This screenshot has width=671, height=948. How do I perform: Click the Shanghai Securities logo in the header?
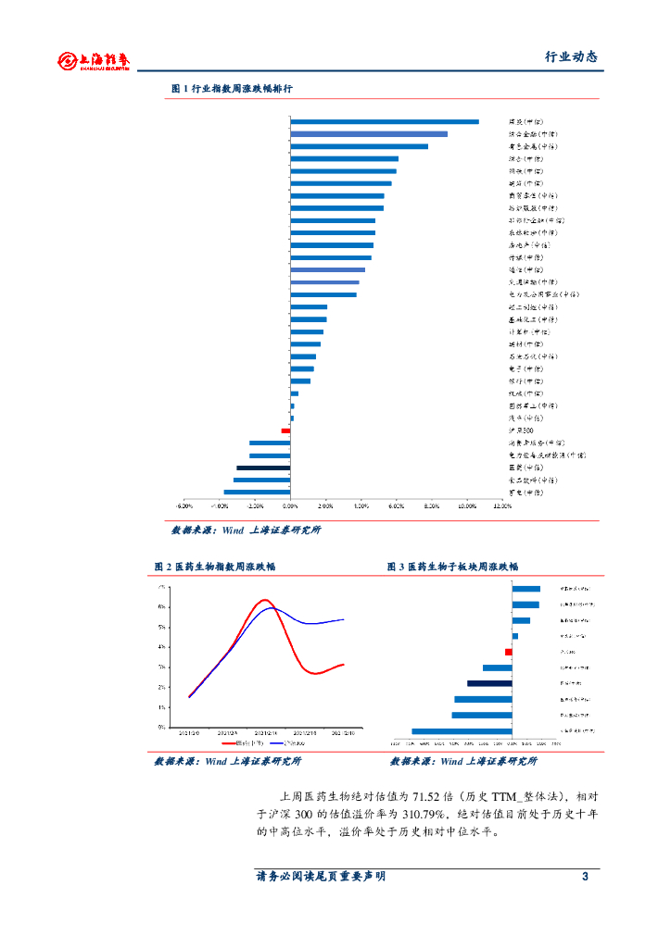coord(94,61)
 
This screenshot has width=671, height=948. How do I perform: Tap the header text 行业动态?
coord(570,56)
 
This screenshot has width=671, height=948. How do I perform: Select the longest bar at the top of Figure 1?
coord(385,121)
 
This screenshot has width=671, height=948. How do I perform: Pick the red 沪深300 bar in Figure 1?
coord(286,430)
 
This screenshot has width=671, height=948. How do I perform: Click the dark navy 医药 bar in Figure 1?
coord(263,468)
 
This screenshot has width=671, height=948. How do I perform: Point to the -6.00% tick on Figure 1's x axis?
coord(184,506)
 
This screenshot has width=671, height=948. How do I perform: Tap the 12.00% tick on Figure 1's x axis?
coord(501,506)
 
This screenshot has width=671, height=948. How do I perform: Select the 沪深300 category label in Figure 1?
coord(521,430)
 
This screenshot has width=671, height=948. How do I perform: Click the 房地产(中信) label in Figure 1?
coord(529,245)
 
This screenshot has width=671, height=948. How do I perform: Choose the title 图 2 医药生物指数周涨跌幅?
coord(216,566)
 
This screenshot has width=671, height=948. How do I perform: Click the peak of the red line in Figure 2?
coord(264,600)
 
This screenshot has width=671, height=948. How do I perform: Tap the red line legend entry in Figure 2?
coord(244,742)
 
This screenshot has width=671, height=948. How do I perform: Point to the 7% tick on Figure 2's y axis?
coord(162,587)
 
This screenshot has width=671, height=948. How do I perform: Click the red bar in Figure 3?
coord(509,652)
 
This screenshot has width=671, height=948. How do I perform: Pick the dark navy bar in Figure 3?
coord(489,683)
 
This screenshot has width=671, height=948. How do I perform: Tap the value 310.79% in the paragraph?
coord(425,814)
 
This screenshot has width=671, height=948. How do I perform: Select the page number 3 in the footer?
coord(585,876)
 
